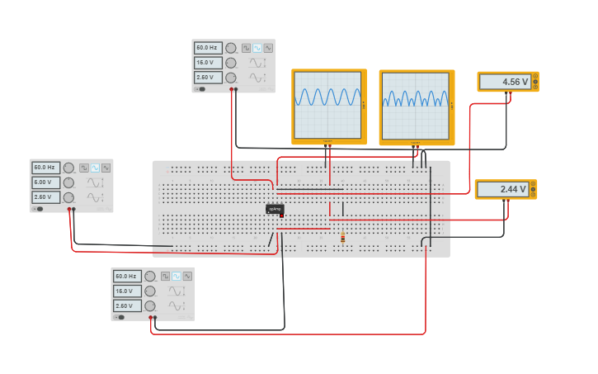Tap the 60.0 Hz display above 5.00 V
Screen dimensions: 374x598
click(x=45, y=168)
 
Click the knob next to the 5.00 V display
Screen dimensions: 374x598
click(x=68, y=182)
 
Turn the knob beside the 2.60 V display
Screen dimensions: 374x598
click(x=68, y=197)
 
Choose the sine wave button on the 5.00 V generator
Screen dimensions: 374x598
click(x=95, y=168)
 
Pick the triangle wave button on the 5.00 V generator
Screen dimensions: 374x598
click(x=106, y=168)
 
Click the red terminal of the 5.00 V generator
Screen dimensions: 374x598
click(x=73, y=210)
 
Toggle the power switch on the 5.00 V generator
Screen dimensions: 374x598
click(x=39, y=209)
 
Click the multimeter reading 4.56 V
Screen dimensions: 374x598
click(x=504, y=82)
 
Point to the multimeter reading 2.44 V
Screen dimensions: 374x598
click(x=501, y=189)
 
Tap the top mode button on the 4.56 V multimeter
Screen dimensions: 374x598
click(x=535, y=77)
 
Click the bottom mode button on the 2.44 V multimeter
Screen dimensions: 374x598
click(x=534, y=194)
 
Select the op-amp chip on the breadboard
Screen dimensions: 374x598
click(x=275, y=210)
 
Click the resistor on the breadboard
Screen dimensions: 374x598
click(x=342, y=239)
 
